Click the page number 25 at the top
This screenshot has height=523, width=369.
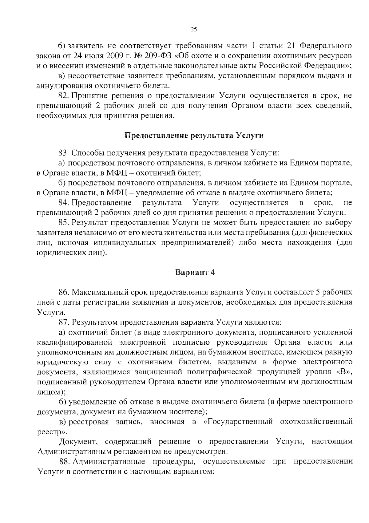194,30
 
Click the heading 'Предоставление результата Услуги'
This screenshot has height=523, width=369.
194,136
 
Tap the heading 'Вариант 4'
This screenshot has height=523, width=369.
195,272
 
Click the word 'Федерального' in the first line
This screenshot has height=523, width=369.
326,46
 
